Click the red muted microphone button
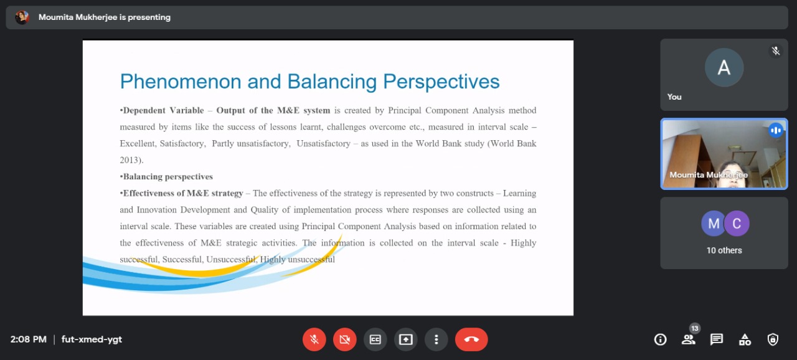(314, 339)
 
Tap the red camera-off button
(345, 339)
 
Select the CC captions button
(375, 339)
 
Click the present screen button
(405, 339)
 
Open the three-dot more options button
(436, 339)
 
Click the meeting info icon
(661, 339)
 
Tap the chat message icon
(717, 339)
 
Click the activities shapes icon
(745, 339)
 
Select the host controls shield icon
(773, 339)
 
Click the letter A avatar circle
(724, 67)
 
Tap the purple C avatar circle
(737, 224)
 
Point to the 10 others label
(724, 250)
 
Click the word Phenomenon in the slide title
(181, 82)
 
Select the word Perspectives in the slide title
(441, 82)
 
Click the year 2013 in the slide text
(129, 160)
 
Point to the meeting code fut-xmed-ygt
(92, 339)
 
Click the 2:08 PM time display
(29, 339)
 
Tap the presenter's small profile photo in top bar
(22, 17)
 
